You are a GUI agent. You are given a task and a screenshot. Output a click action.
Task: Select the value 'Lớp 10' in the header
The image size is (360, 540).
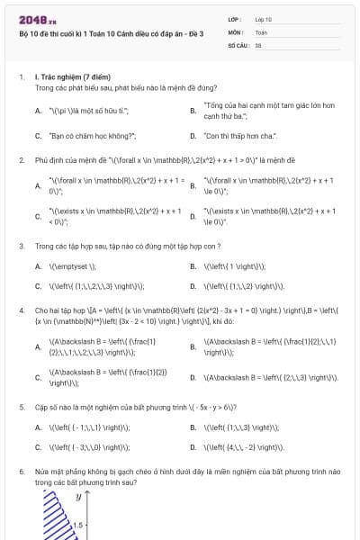(264, 18)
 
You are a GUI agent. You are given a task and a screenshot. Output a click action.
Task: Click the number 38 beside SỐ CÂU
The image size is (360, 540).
(258, 44)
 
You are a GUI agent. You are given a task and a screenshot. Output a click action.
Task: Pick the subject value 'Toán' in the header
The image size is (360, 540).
(261, 31)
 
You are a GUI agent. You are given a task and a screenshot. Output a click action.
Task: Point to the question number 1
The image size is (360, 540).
(21, 78)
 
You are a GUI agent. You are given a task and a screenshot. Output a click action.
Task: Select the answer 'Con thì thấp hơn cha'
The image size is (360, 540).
(240, 136)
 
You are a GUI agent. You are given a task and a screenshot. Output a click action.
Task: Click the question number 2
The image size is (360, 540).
(21, 159)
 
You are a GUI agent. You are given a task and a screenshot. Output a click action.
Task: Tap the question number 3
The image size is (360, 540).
(21, 245)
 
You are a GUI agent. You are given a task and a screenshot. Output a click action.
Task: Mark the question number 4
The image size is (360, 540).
(21, 309)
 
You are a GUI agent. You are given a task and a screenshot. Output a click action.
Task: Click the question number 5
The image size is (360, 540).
(21, 406)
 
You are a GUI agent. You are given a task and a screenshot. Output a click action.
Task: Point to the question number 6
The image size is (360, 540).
(21, 471)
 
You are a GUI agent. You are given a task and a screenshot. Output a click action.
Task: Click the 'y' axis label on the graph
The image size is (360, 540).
(78, 496)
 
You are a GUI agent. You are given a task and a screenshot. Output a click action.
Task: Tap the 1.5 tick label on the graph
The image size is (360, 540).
(78, 524)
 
